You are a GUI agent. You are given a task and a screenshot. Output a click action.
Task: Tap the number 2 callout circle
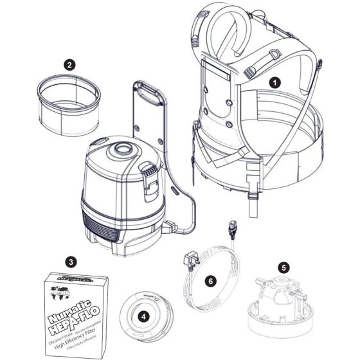pyautogui.click(x=69, y=64)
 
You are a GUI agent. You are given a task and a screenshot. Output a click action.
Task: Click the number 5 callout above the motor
pyautogui.click(x=283, y=266)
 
